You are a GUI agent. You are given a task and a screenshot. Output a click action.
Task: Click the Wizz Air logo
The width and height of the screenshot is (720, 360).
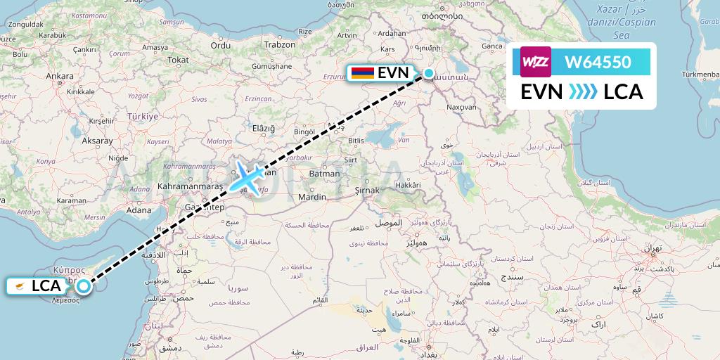pyautogui.click(x=536, y=62)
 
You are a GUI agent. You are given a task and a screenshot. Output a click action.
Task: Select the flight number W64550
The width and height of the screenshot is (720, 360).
pyautogui.click(x=597, y=62)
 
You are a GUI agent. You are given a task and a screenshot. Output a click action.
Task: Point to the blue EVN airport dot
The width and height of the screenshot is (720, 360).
pyautogui.click(x=428, y=73)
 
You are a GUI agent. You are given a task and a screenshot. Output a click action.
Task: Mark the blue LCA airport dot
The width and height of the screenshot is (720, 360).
pyautogui.click(x=84, y=285)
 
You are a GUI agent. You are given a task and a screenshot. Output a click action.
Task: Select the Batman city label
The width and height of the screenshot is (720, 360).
pyautogui.click(x=324, y=173)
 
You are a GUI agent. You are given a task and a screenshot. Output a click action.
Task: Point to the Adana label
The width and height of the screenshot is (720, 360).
pyautogui.click(x=139, y=210)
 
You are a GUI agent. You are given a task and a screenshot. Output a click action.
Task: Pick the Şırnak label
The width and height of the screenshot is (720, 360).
pyautogui.click(x=366, y=190)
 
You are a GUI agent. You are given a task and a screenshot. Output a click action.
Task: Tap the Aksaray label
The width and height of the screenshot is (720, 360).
pyautogui.click(x=97, y=141)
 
